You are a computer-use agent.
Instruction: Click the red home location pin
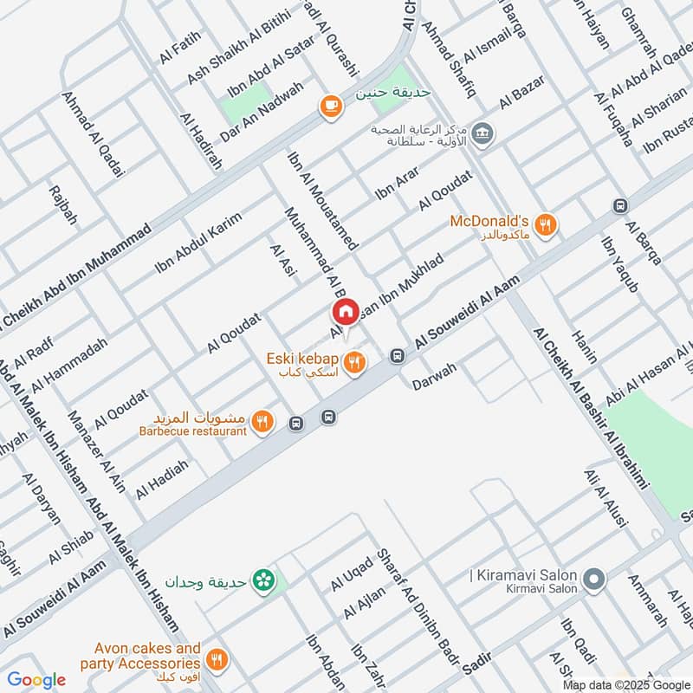point(345,313)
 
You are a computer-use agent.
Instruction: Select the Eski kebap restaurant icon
point(353,364)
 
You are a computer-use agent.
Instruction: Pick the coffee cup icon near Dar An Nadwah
point(329,106)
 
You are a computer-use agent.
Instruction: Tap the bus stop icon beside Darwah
point(397,355)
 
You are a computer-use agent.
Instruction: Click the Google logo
point(36,680)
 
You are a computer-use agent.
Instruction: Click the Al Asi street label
point(283,262)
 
